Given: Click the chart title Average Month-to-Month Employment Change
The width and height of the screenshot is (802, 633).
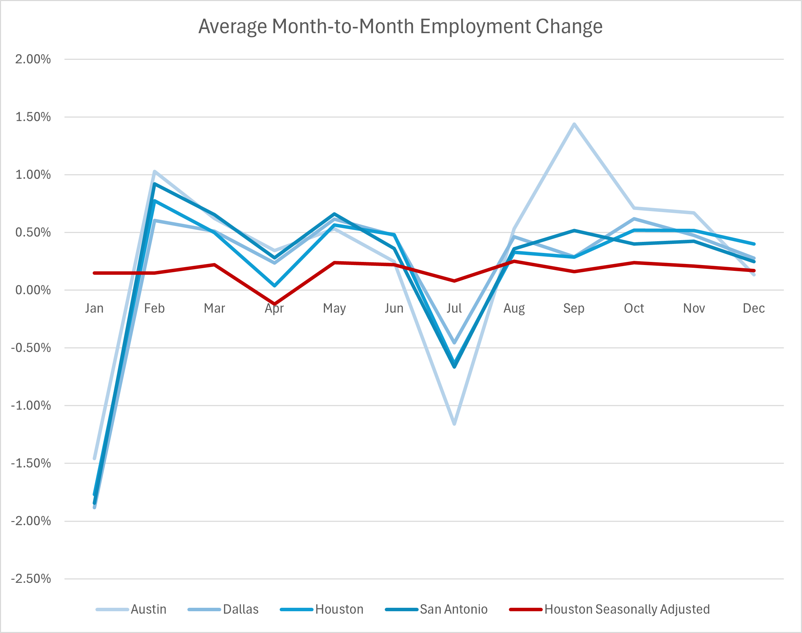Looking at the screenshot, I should [x=400, y=27].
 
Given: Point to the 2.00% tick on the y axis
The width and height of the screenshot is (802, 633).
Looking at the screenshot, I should [x=32, y=59].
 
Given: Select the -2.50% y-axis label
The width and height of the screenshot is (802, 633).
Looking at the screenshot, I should [x=31, y=578].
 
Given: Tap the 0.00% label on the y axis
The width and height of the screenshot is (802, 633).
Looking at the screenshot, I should [x=32, y=290].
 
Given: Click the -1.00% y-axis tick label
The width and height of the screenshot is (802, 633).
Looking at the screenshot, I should [x=31, y=405].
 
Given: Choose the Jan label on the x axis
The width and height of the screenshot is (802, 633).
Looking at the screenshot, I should [x=94, y=308].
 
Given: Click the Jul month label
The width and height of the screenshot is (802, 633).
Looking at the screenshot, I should [x=454, y=308].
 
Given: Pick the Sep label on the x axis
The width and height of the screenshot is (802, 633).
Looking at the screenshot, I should [x=573, y=308].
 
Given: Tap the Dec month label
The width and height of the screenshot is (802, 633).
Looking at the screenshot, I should [x=754, y=308].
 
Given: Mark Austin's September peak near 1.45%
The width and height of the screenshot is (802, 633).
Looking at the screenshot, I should [x=574, y=124].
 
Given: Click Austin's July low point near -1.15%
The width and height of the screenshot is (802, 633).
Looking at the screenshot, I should [x=454, y=424].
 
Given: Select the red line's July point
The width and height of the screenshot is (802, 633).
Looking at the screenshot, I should [x=454, y=281].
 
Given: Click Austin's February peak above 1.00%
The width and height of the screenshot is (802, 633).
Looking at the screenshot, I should [x=154, y=171].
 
